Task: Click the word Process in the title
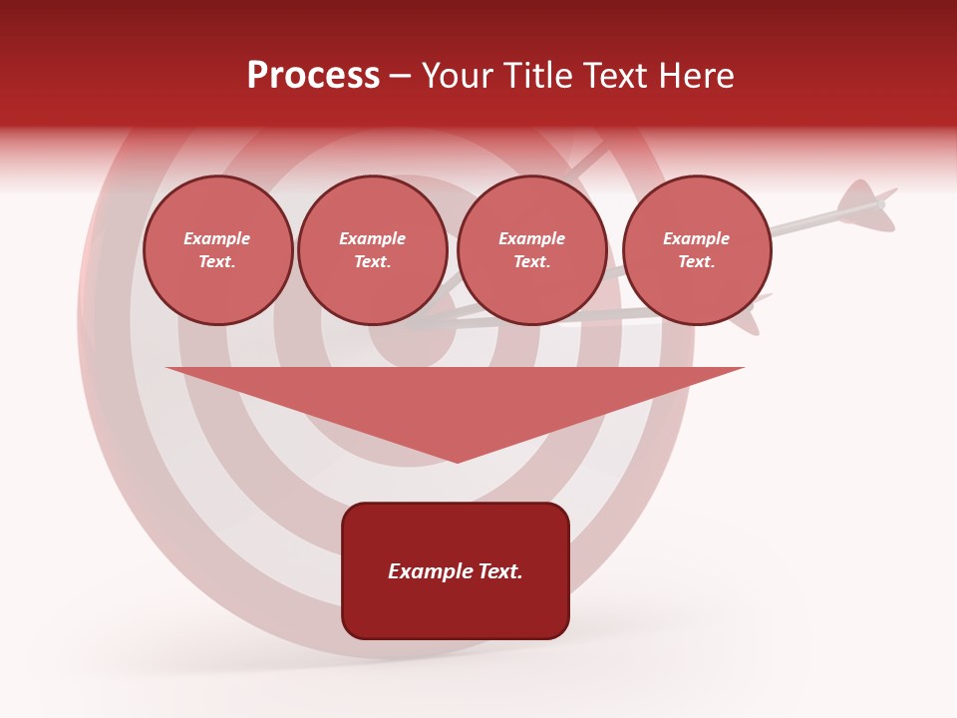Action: (313, 76)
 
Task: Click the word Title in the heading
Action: (531, 76)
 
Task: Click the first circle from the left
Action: (217, 250)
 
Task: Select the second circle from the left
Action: (373, 250)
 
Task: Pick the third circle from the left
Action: (531, 250)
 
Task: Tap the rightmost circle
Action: (697, 250)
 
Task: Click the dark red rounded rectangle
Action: (456, 608)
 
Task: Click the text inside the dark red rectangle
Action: (456, 571)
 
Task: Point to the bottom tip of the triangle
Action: (457, 461)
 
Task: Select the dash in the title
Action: (401, 77)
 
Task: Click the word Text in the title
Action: (612, 76)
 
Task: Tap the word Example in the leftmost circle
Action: (217, 238)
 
